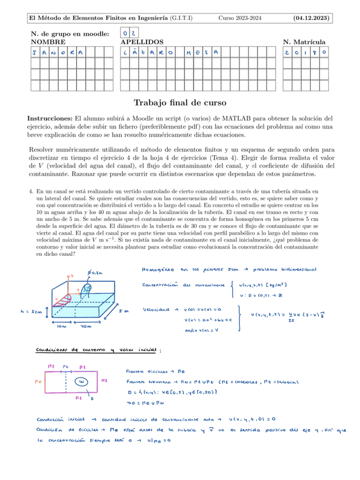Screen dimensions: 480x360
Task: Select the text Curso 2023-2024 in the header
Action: (240, 19)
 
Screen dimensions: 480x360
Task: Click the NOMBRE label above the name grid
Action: (48, 42)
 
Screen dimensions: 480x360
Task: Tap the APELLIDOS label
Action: (142, 42)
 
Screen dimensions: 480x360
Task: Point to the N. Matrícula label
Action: (304, 42)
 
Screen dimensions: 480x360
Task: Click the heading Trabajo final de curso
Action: (179, 103)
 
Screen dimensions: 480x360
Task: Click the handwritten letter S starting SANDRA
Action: (36, 53)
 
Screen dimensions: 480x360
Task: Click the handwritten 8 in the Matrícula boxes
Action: (314, 53)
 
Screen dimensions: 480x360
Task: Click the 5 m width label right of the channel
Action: (125, 311)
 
